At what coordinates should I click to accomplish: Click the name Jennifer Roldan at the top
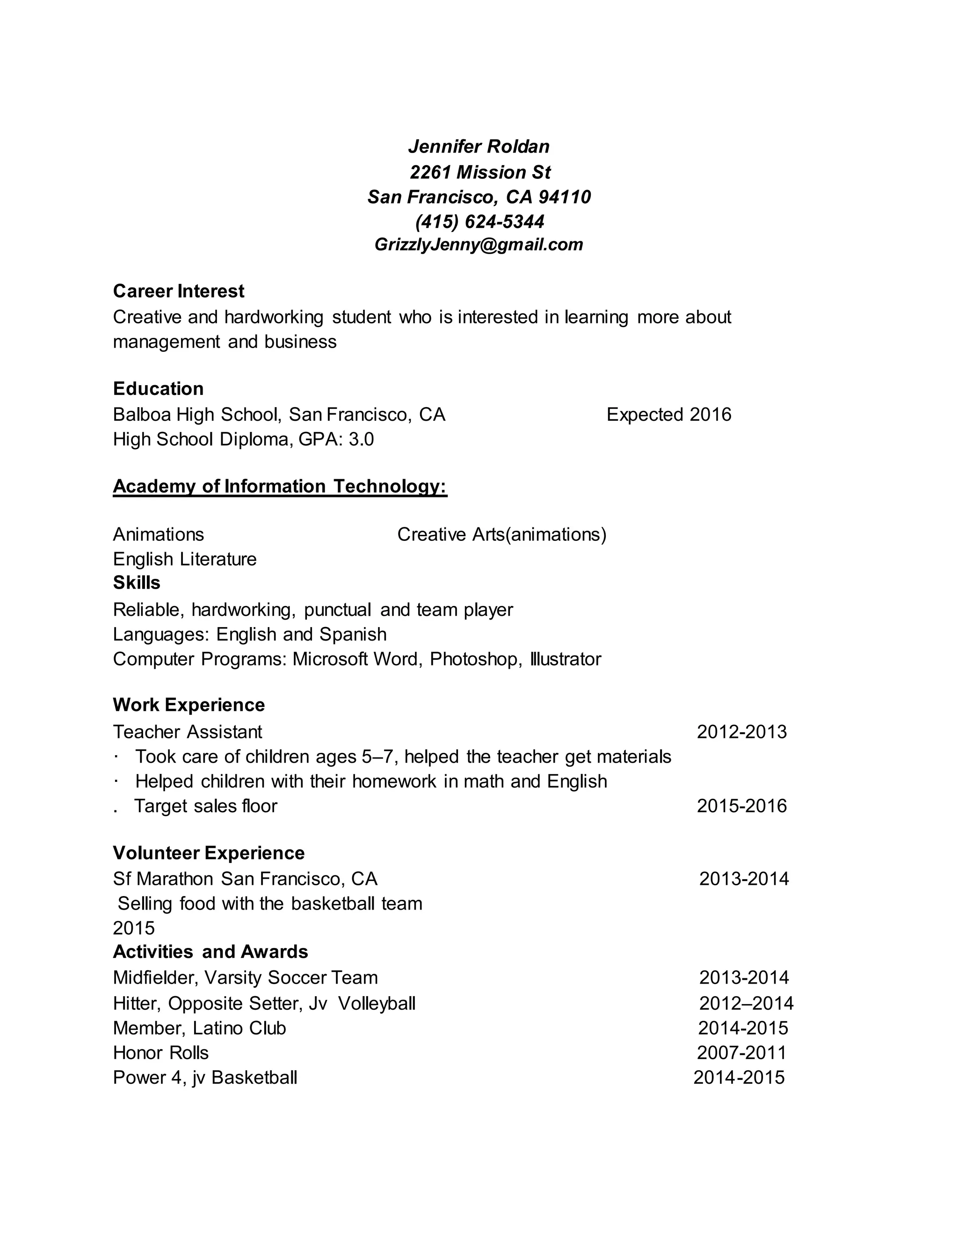(479, 146)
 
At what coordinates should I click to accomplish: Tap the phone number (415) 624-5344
(479, 221)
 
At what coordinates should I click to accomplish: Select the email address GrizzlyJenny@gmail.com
(479, 245)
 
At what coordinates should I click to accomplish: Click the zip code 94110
(564, 197)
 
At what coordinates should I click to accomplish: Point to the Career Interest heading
(178, 291)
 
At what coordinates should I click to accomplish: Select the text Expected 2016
(668, 415)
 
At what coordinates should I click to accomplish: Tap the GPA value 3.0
(361, 439)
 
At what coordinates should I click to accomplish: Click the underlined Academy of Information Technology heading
(280, 487)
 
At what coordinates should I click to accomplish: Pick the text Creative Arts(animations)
(502, 534)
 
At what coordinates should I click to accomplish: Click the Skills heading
(136, 583)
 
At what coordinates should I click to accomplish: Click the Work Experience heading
(189, 705)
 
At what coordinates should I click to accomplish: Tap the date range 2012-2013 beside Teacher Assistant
(741, 732)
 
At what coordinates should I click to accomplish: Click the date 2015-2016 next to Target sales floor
(741, 806)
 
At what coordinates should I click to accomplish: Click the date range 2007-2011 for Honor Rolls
(741, 1053)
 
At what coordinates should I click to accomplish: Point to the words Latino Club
(239, 1028)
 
